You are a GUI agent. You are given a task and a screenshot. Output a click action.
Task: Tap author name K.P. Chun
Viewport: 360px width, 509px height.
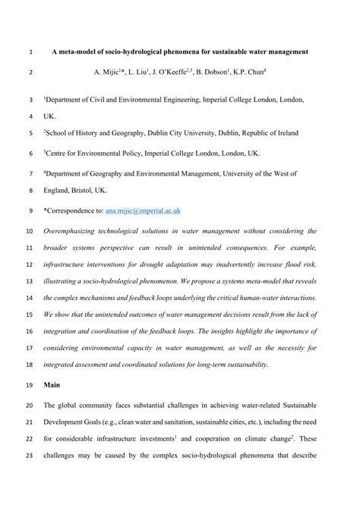pos(248,74)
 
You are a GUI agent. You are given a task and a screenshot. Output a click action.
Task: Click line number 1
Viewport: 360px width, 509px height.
pos(29,52)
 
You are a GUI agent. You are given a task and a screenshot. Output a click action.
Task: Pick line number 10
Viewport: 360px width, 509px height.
pos(30,230)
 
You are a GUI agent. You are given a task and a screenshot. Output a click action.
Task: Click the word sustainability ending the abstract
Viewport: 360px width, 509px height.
pos(243,364)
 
